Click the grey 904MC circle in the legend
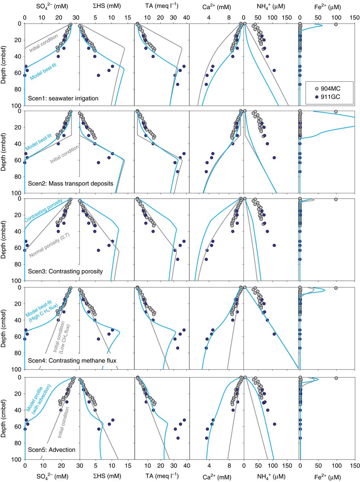[x=311, y=88]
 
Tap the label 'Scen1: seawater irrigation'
[x=63, y=98]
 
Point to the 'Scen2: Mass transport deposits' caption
[x=70, y=183]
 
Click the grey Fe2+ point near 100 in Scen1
[x=336, y=24]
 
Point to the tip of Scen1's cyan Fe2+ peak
[x=323, y=25]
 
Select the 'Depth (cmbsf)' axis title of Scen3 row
[x=5, y=239]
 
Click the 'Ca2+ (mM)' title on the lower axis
[x=216, y=476]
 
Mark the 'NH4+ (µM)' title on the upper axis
[x=271, y=6]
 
